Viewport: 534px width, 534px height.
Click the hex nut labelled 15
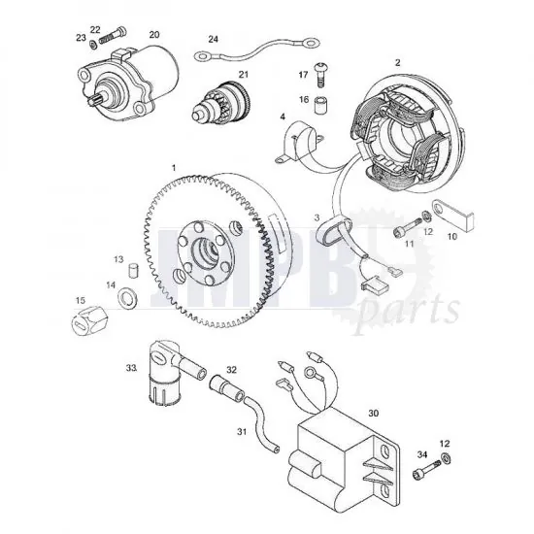pyautogui.click(x=88, y=319)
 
